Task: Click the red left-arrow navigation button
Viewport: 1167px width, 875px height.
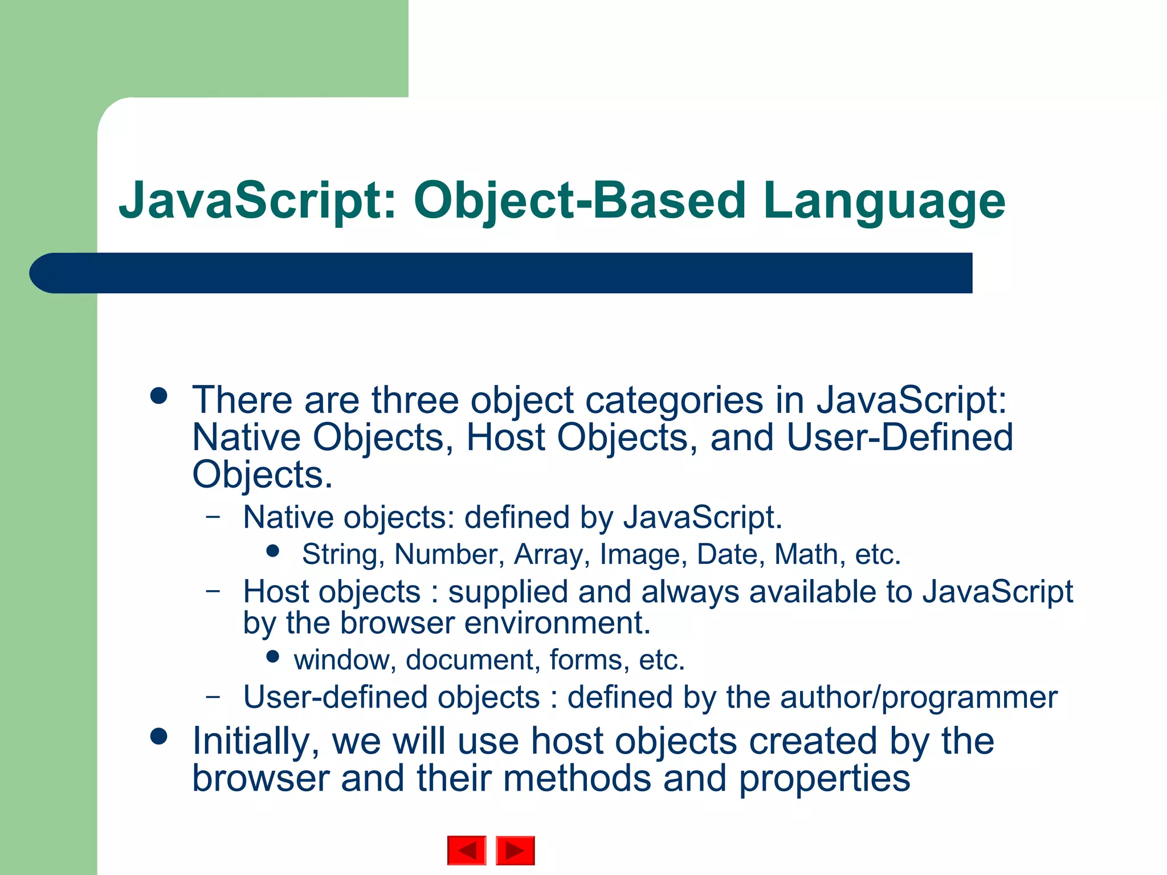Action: pyautogui.click(x=467, y=851)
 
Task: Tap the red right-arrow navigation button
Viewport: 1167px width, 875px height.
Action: pyautogui.click(x=515, y=851)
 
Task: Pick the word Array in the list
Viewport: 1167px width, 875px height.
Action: pyautogui.click(x=549, y=554)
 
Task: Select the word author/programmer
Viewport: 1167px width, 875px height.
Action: pyautogui.click(x=919, y=697)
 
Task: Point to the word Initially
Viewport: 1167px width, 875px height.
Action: pyautogui.click(x=256, y=742)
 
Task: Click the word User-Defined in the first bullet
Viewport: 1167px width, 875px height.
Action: pyautogui.click(x=899, y=437)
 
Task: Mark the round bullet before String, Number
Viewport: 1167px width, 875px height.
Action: pyautogui.click(x=273, y=551)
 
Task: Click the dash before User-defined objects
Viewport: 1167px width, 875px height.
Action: pyautogui.click(x=213, y=696)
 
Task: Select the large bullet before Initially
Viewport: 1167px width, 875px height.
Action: pyautogui.click(x=159, y=737)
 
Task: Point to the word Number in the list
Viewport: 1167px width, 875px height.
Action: pyautogui.click(x=446, y=554)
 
